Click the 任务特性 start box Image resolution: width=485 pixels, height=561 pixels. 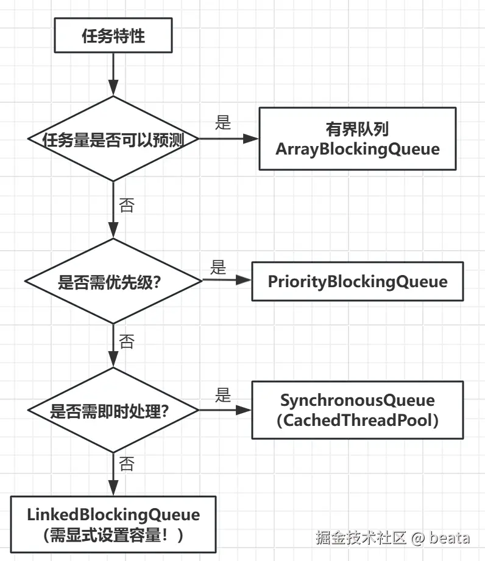pos(113,36)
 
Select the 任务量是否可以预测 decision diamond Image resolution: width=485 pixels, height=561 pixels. pos(113,139)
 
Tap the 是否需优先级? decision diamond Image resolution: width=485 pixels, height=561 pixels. pos(113,281)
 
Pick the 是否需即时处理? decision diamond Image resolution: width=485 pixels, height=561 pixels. pos(113,410)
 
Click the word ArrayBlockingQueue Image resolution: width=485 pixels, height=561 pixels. pos(357,149)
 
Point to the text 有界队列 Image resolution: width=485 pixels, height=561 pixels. pos(357,129)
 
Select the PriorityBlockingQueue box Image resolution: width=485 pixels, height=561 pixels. pos(357,282)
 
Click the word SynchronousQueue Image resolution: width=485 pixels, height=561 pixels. pos(357,400)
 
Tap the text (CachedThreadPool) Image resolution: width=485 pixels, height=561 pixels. pos(357,420)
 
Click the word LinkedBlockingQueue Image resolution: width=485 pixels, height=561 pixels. pos(113,514)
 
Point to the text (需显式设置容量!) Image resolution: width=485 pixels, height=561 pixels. pos(113,535)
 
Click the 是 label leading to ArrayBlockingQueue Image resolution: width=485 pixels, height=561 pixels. pos(223,123)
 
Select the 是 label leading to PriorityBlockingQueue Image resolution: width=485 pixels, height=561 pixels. pos(218,267)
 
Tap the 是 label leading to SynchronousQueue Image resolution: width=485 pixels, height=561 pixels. pos(223,395)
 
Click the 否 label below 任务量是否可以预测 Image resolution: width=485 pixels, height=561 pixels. pos(126,205)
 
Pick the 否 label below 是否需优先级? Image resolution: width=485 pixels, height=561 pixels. pos(126,341)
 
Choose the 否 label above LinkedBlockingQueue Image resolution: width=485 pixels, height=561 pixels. pos(126,465)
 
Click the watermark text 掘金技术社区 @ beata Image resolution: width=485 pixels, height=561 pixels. pos(392,538)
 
